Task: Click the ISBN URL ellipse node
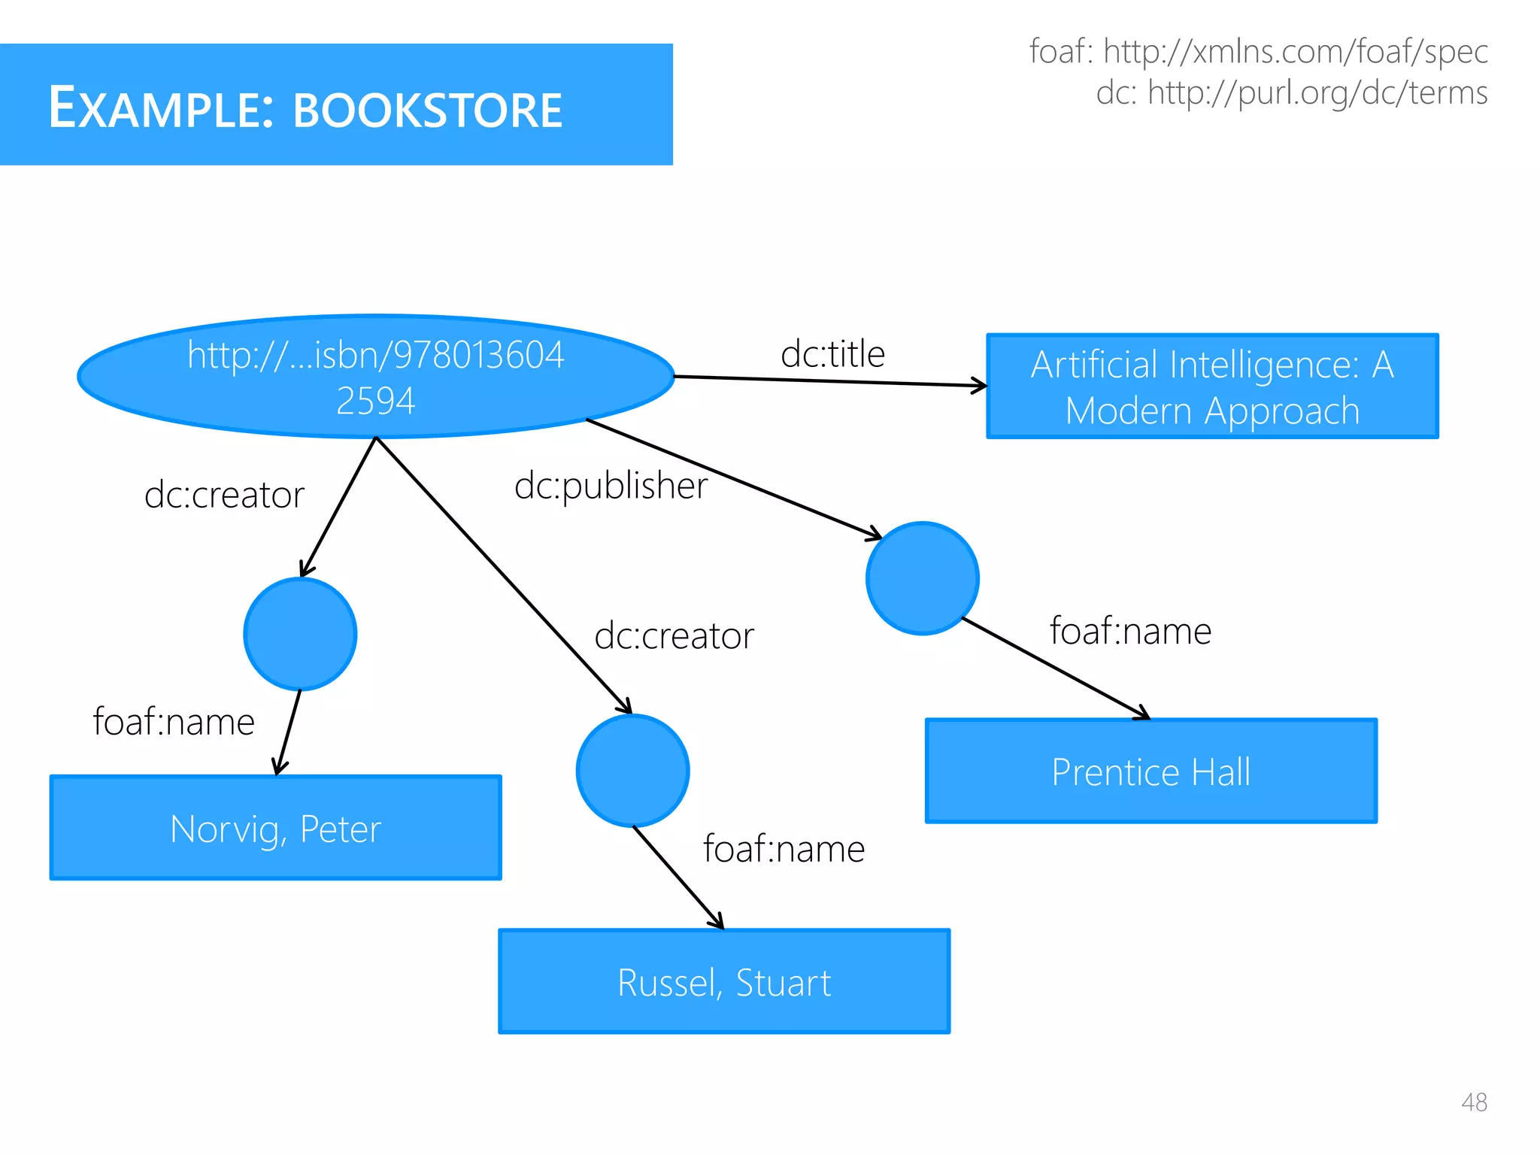pyautogui.click(x=375, y=377)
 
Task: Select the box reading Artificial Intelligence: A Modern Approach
pyautogui.click(x=1212, y=387)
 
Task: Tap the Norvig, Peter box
pyautogui.click(x=275, y=828)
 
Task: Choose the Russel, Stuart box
pyautogui.click(x=724, y=982)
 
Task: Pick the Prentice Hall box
pyautogui.click(x=1150, y=772)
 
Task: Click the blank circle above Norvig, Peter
pyautogui.click(x=300, y=634)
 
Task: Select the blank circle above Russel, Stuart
pyautogui.click(x=632, y=771)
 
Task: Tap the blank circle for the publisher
pyautogui.click(x=922, y=578)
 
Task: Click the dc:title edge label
pyautogui.click(x=832, y=354)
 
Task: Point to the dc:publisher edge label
pyautogui.click(x=611, y=486)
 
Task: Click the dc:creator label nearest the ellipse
pyautogui.click(x=224, y=496)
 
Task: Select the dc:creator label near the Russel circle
pyautogui.click(x=674, y=636)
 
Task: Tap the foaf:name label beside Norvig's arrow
pyautogui.click(x=174, y=722)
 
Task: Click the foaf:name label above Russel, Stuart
pyautogui.click(x=784, y=849)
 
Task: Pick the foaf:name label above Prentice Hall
pyautogui.click(x=1130, y=631)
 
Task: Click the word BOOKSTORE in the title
pyautogui.click(x=427, y=110)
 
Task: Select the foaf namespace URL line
pyautogui.click(x=1258, y=52)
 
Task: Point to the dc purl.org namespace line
pyautogui.click(x=1291, y=93)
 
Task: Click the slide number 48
pyautogui.click(x=1474, y=1102)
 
